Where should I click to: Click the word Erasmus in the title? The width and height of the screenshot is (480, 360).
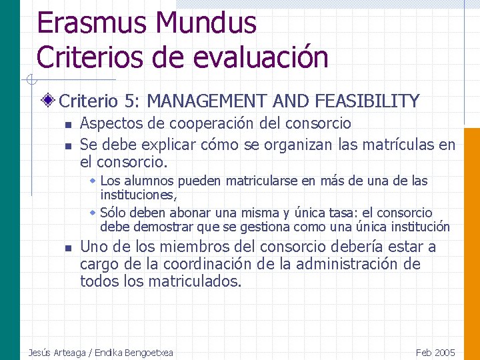coord(93,23)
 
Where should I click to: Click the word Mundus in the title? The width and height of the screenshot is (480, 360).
coord(206,23)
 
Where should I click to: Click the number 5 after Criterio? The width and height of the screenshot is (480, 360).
coord(129,101)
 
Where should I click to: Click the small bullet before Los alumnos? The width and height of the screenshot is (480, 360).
coord(93,181)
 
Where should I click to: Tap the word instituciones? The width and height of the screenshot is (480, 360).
coord(137,195)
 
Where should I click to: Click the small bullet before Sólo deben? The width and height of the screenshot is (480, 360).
coord(93,213)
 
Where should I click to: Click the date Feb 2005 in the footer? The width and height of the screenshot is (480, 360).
coord(435,352)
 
